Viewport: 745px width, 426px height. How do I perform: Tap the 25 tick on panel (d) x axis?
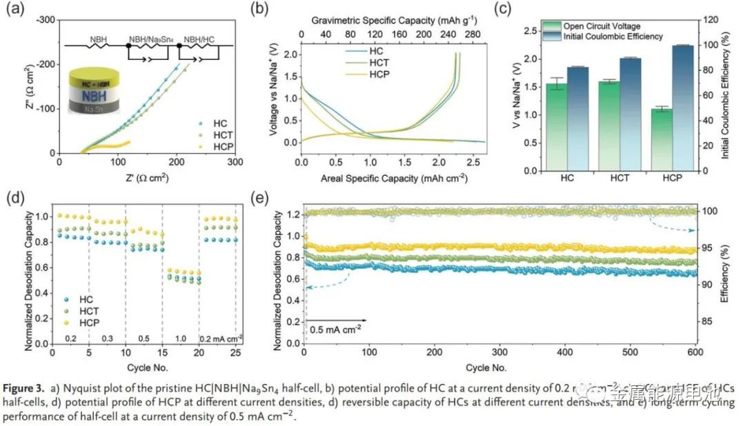(x=236, y=352)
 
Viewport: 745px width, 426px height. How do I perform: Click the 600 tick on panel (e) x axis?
(x=695, y=352)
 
